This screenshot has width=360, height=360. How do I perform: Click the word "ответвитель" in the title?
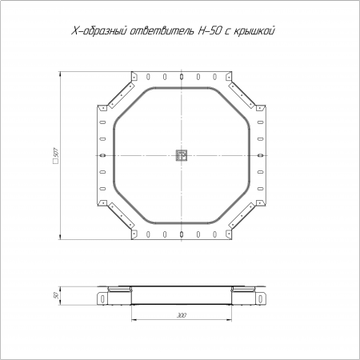(x=162, y=31)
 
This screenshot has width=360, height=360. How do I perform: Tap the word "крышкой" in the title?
(x=254, y=31)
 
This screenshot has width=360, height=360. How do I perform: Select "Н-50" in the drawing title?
(x=210, y=31)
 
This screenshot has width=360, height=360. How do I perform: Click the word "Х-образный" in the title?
(x=99, y=31)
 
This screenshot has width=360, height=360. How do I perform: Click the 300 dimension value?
(x=182, y=315)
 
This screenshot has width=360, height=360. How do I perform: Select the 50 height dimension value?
(x=56, y=295)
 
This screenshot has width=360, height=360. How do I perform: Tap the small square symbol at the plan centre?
(x=182, y=155)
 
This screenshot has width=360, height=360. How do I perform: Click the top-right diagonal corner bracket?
(x=242, y=94)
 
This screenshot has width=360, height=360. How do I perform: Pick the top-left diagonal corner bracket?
(x=121, y=94)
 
